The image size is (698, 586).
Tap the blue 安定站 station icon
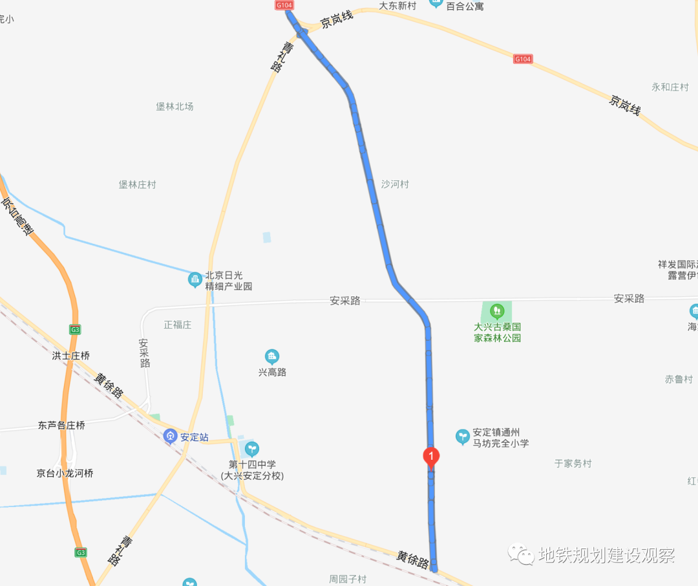point(170,437)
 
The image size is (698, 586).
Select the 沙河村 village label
point(395,184)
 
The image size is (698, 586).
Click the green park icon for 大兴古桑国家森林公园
point(496,311)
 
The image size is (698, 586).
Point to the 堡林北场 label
point(174,107)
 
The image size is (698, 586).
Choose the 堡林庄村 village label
point(138,185)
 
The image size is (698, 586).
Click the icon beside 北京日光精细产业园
point(194,280)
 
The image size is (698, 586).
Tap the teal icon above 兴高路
point(272,356)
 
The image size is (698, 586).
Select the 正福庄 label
point(178,325)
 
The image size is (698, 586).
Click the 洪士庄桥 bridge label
point(71,356)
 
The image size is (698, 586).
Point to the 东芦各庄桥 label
point(61,426)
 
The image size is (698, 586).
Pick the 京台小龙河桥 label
point(65,473)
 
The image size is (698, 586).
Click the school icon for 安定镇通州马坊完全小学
point(462,437)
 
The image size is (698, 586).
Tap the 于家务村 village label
point(573,464)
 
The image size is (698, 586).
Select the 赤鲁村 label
point(679,379)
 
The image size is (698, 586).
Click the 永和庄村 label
point(670,87)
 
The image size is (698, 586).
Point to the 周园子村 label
point(348,579)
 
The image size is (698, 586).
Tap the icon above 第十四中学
point(251,448)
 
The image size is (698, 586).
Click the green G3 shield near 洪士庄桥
point(76,330)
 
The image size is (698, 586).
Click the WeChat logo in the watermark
point(521,554)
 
